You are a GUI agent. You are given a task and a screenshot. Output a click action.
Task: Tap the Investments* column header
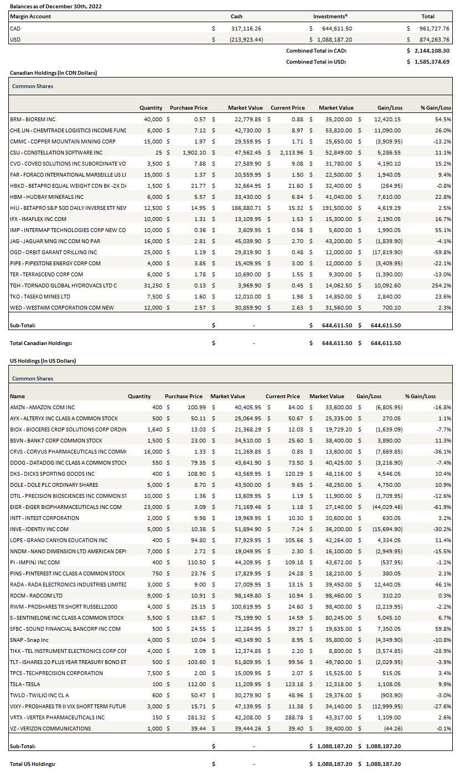coord(334,17)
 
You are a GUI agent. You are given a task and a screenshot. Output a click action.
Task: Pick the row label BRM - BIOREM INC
coord(33,119)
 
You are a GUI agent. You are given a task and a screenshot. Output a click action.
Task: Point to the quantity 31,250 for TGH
coord(152,285)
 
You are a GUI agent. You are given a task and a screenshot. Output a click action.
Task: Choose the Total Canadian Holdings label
coord(41,343)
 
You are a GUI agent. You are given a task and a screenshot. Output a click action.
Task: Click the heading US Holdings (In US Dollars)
coord(43,361)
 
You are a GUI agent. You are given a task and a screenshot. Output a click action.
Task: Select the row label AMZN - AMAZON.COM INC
coord(42,407)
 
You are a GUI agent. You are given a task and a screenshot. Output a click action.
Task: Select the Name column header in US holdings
coord(17,396)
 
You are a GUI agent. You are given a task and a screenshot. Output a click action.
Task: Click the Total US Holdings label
coord(33,764)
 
